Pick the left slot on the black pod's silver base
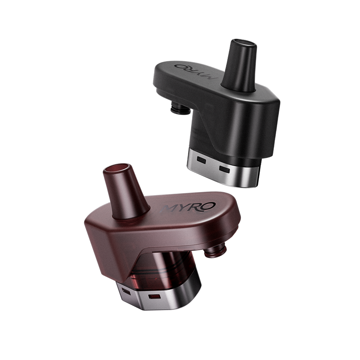pos(201,160)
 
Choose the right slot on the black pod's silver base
pos(224,169)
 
